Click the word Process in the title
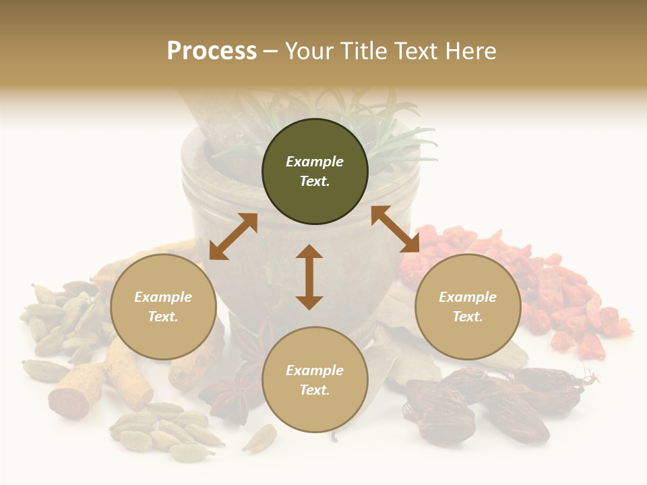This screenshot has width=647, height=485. click(212, 51)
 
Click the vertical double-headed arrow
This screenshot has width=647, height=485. click(309, 277)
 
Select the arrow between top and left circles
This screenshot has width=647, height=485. click(233, 236)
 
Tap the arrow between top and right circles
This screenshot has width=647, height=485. click(395, 229)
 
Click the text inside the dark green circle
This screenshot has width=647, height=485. click(315, 171)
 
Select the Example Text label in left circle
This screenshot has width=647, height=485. click(163, 306)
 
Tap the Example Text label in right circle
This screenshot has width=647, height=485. click(468, 306)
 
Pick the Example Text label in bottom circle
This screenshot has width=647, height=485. click(315, 380)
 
